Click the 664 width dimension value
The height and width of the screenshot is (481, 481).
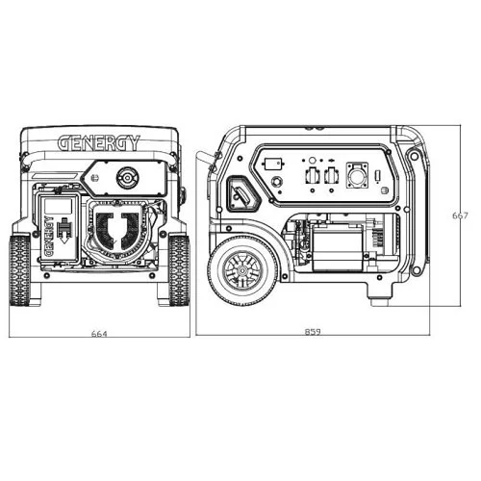tap(99, 334)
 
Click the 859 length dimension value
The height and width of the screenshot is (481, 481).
tap(313, 332)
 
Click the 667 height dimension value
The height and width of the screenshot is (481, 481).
tap(460, 215)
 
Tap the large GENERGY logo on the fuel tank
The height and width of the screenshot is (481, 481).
tap(99, 143)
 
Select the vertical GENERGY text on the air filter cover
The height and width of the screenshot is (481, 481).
tap(49, 236)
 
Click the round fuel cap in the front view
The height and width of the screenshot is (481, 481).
tap(127, 177)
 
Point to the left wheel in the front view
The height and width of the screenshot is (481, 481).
tap(19, 270)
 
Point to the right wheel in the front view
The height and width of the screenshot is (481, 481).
tap(179, 270)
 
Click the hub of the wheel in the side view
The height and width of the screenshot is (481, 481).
tap(242, 270)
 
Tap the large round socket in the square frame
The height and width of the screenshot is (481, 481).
tap(357, 175)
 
